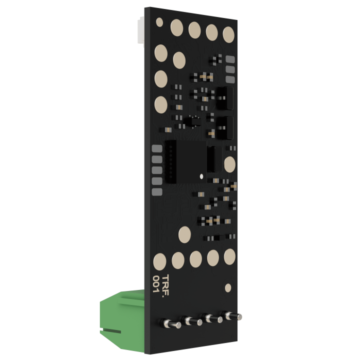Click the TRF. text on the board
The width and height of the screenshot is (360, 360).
tap(166, 286)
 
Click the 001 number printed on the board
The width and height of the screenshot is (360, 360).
tap(156, 284)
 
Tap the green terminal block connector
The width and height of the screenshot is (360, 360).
tap(122, 321)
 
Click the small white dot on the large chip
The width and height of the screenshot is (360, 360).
tap(201, 176)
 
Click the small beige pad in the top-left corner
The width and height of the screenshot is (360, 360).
tap(159, 22)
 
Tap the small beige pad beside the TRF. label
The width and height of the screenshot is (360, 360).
tap(228, 287)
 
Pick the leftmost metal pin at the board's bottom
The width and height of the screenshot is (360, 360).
tap(171, 323)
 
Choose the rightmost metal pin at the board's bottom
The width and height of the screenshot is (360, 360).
tap(232, 315)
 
